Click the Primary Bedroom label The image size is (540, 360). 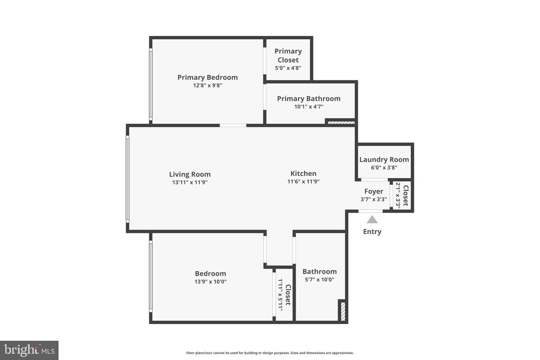point(208,77)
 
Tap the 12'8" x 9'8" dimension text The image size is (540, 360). point(208,85)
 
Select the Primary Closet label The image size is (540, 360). point(288,55)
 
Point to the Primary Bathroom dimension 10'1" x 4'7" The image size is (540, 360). point(309,106)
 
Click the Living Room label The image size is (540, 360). point(190,174)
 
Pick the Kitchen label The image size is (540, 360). point(303,173)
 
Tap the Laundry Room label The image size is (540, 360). point(384,160)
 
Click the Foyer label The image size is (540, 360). point(373,192)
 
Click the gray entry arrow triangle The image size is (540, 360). point(372,219)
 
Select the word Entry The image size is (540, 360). point(372,232)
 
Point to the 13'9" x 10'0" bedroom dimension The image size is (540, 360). point(210,281)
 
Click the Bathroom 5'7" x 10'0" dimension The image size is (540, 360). point(319,279)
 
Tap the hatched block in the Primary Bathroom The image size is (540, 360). point(341,123)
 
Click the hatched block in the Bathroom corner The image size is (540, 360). point(343,311)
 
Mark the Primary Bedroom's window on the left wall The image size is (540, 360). point(151,84)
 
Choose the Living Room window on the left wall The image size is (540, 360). point(127,179)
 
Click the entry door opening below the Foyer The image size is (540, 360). point(370,211)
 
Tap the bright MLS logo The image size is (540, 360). point(29,350)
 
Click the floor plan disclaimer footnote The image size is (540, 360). point(270,353)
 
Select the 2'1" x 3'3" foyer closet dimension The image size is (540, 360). point(398,195)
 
